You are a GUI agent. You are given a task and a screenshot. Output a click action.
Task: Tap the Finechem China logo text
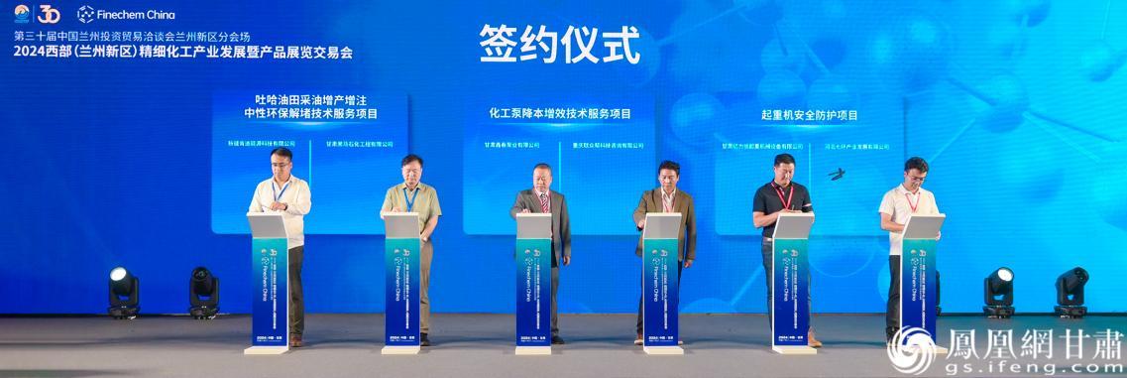coord(126,14)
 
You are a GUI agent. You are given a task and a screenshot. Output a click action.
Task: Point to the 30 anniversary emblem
coord(48,14)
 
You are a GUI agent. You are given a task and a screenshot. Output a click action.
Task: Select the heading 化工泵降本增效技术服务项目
coord(559,114)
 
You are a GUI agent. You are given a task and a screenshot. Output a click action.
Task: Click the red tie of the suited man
coord(543,202)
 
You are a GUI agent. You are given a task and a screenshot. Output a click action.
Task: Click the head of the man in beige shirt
coord(411,169)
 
